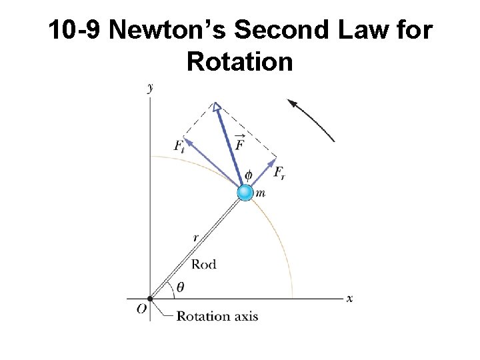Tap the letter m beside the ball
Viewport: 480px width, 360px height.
tap(261, 193)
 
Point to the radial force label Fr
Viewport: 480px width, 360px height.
tap(280, 173)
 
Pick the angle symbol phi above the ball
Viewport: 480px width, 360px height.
tap(249, 175)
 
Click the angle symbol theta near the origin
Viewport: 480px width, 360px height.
tap(181, 287)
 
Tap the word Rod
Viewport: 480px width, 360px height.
tap(203, 265)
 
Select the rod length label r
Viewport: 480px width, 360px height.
tap(195, 237)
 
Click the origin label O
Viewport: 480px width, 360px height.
tap(142, 309)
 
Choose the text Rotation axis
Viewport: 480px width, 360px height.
tap(217, 316)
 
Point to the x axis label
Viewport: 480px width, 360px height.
tap(349, 299)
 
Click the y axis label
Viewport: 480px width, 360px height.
tap(150, 87)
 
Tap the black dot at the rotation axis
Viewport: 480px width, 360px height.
tap(150, 299)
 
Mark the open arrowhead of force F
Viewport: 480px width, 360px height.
tap(216, 107)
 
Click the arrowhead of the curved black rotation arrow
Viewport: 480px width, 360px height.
tap(291, 103)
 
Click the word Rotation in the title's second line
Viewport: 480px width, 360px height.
tap(240, 61)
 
